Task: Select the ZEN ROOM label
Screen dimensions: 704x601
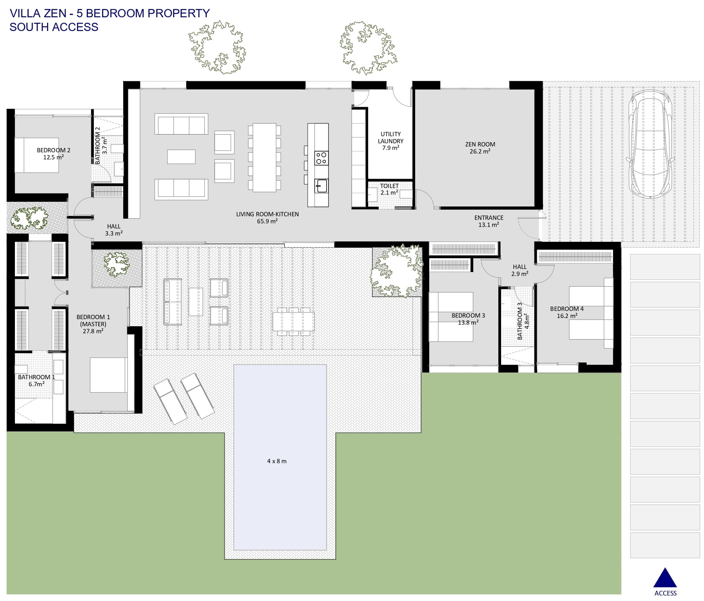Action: tap(480, 144)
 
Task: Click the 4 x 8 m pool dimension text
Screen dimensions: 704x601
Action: tap(277, 461)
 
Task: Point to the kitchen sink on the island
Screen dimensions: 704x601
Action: tap(321, 186)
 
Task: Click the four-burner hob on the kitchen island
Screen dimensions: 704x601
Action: tap(321, 158)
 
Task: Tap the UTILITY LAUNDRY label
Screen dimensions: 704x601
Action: tap(390, 137)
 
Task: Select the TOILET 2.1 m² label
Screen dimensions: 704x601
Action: tap(389, 189)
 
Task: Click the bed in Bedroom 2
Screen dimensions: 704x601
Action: tap(36, 155)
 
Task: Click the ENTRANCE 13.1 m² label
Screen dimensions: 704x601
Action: tap(489, 221)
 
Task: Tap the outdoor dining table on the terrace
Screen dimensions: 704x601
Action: tap(294, 322)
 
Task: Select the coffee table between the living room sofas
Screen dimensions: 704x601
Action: tap(181, 156)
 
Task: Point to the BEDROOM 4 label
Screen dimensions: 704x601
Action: tap(567, 309)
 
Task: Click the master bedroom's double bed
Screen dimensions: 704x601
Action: tap(109, 374)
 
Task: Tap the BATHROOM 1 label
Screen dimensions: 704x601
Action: tap(36, 377)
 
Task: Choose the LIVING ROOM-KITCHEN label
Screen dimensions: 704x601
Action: tap(267, 214)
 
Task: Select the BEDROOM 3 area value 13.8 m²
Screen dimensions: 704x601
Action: tap(468, 322)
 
